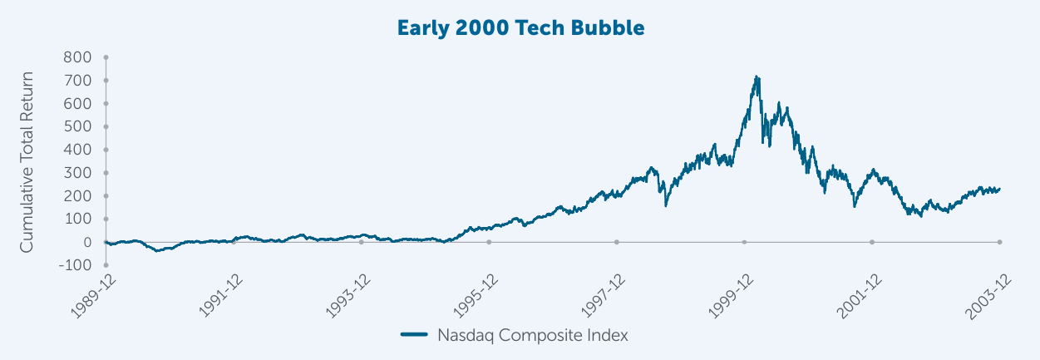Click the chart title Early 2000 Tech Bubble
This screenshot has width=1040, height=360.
(520, 27)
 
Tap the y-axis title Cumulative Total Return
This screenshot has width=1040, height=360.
(27, 161)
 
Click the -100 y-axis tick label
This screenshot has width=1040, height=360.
(76, 265)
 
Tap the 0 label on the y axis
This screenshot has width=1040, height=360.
(86, 242)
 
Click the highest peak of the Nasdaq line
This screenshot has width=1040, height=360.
(757, 76)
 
